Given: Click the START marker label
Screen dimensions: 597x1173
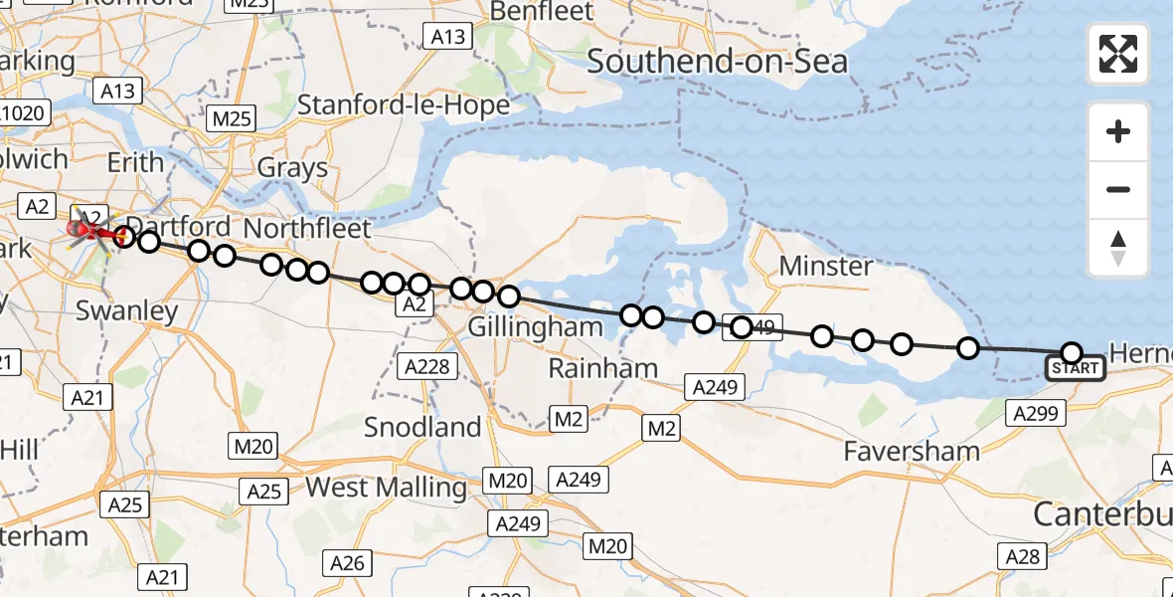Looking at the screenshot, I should click(1075, 369).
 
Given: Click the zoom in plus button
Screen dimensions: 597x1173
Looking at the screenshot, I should click(1118, 131).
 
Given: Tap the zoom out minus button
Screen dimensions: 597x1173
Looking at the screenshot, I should click(1118, 189).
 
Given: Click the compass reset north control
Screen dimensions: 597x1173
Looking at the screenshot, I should click(1118, 248).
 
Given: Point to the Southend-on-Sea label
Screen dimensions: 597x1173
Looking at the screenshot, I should click(717, 62).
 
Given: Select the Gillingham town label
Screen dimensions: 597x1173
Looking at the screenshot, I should click(535, 326).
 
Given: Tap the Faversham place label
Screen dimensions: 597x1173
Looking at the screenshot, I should click(911, 451).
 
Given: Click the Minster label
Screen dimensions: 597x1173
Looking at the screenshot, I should click(826, 266).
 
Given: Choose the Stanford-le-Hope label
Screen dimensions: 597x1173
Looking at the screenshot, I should click(404, 105).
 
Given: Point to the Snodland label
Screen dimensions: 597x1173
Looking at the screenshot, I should click(422, 427).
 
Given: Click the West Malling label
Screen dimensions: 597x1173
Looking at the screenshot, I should click(386, 488).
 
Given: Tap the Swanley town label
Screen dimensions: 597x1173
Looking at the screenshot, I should click(127, 310).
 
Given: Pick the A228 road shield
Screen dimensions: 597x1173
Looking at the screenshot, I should click(428, 367).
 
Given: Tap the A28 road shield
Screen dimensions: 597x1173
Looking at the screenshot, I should click(1022, 556).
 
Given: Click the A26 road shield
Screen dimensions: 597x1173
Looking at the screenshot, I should click(347, 563).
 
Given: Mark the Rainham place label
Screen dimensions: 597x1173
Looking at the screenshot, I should click(603, 368).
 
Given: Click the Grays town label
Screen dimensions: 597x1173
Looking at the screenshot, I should click(292, 167).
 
